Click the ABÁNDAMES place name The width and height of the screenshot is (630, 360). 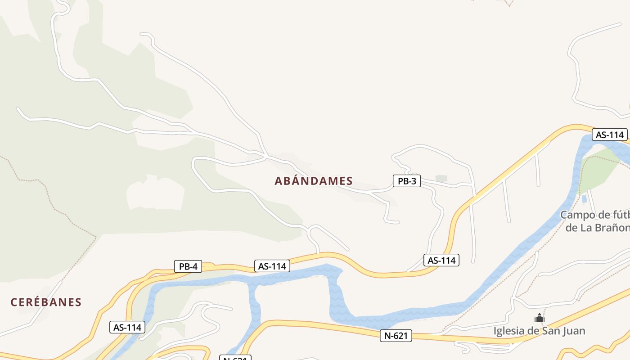pos(314,181)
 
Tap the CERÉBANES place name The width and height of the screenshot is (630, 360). pos(46,302)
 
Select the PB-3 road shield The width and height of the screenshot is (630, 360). pos(406,181)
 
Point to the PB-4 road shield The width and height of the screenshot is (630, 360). pos(188,266)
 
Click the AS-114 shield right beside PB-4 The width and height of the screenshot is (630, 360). pos(272,266)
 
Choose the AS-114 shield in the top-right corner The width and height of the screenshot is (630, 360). pos(609,135)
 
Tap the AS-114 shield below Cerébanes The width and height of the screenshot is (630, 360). pos(128,328)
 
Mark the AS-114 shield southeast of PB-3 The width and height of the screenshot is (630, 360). pos(441,260)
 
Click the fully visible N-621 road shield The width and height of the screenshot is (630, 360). pos(396,335)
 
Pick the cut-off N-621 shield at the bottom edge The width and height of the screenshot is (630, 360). pos(235,358)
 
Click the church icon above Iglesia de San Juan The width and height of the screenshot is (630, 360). pos(540,318)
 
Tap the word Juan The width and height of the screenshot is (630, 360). pos(574,331)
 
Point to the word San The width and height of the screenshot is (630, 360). pos(549,331)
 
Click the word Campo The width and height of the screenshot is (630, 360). pos(577,215)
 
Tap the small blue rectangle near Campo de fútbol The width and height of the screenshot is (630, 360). pos(584,198)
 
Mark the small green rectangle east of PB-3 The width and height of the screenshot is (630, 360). pos(441,179)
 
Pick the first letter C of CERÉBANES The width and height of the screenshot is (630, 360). pos(14,302)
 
